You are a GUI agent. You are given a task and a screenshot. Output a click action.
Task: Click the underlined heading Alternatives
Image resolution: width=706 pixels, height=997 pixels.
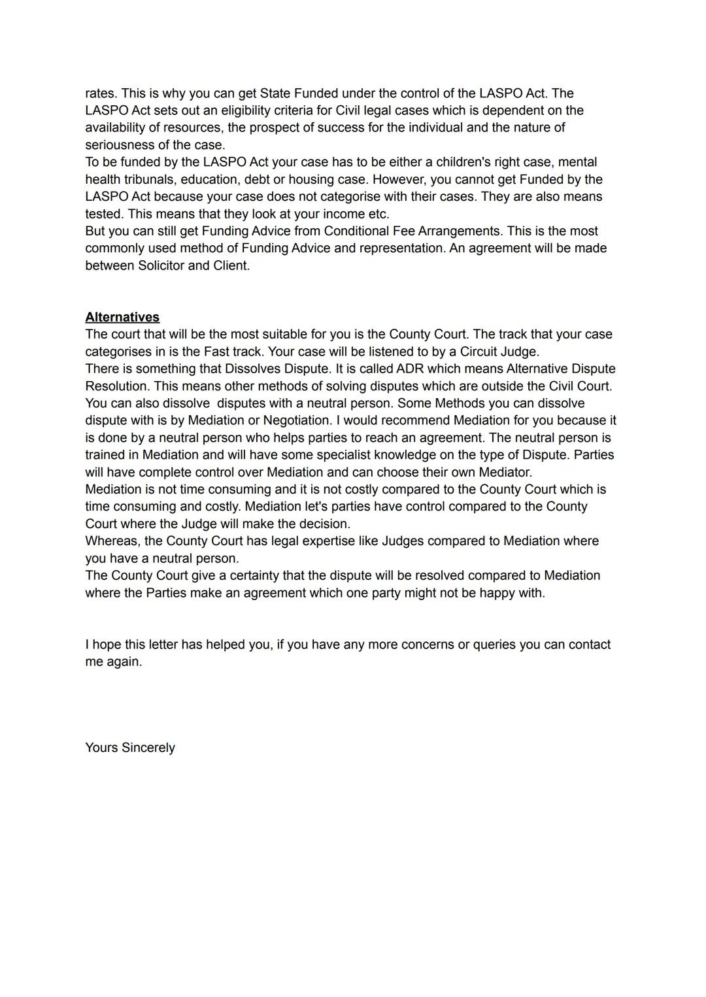coord(122,317)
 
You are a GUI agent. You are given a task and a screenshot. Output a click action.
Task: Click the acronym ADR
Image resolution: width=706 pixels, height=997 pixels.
coord(410,369)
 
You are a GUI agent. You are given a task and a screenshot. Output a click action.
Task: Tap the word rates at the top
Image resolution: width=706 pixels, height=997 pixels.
coord(100,93)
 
